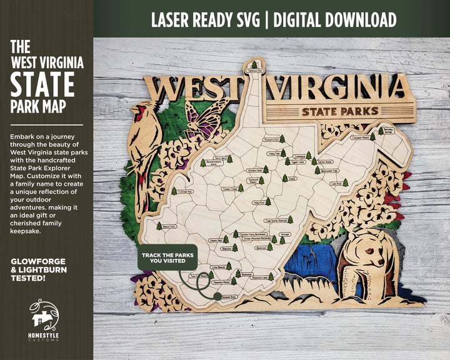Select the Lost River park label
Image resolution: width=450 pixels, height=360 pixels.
pyautogui.click(x=336, y=184)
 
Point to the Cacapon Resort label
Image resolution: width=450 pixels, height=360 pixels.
pyautogui.click(x=360, y=136)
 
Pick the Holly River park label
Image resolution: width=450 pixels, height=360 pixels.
pyautogui.click(x=259, y=202)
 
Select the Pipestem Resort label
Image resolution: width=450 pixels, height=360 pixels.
pyautogui.click(x=222, y=282)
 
